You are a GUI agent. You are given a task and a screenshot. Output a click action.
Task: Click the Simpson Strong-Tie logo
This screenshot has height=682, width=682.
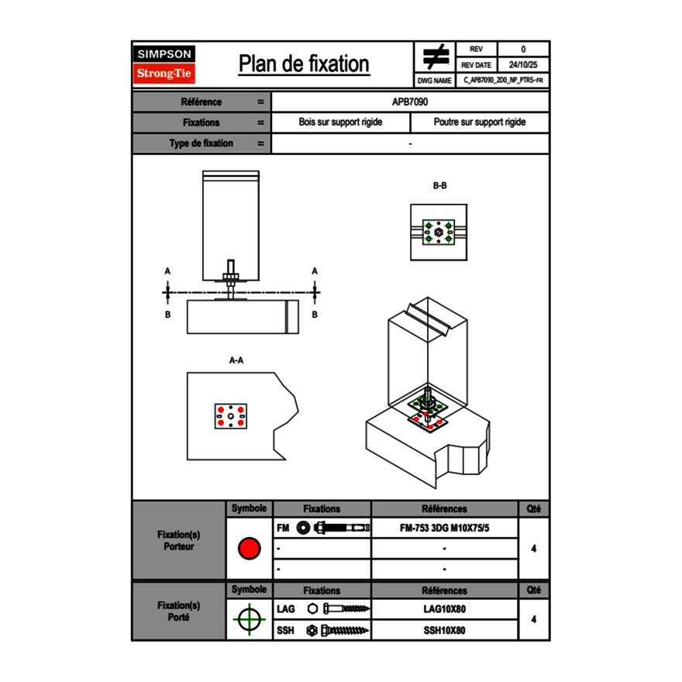pyautogui.click(x=165, y=64)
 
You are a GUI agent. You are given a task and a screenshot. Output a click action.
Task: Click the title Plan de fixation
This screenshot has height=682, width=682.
pyautogui.click(x=303, y=64)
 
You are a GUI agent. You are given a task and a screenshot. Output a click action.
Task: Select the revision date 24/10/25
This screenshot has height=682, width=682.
pyautogui.click(x=523, y=65)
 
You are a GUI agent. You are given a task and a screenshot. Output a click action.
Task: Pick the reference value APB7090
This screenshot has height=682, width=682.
pyautogui.click(x=410, y=102)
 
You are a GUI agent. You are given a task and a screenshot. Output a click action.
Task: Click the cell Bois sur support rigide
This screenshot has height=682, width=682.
pyautogui.click(x=340, y=122)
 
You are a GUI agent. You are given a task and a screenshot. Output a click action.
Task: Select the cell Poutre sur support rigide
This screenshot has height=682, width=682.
pyautogui.click(x=479, y=122)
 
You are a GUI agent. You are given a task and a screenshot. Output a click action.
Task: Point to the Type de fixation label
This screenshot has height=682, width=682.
pyautogui.click(x=201, y=143)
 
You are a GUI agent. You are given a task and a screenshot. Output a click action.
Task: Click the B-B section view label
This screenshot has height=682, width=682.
pyautogui.click(x=439, y=186)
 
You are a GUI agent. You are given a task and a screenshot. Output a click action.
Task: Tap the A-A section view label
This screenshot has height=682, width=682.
pyautogui.click(x=236, y=360)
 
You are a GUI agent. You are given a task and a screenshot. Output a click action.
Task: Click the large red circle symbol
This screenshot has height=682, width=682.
pyautogui.click(x=249, y=549)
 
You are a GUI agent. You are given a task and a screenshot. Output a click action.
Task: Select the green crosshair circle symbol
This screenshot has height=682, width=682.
pyautogui.click(x=249, y=619)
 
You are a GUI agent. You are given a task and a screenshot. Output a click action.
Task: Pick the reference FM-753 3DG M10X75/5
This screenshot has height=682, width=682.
pyautogui.click(x=444, y=528)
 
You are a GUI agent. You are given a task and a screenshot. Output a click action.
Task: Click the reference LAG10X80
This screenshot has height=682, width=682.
pyautogui.click(x=444, y=609)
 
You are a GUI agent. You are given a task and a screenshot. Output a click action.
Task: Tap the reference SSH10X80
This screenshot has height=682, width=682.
pyautogui.click(x=444, y=630)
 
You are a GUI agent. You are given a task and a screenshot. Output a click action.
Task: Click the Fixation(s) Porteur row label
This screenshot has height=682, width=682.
pyautogui.click(x=179, y=540)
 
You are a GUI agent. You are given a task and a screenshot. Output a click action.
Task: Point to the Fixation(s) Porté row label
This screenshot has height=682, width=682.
pyautogui.click(x=179, y=611)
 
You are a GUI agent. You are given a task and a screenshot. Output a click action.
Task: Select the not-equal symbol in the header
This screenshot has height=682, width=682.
pyautogui.click(x=436, y=57)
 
